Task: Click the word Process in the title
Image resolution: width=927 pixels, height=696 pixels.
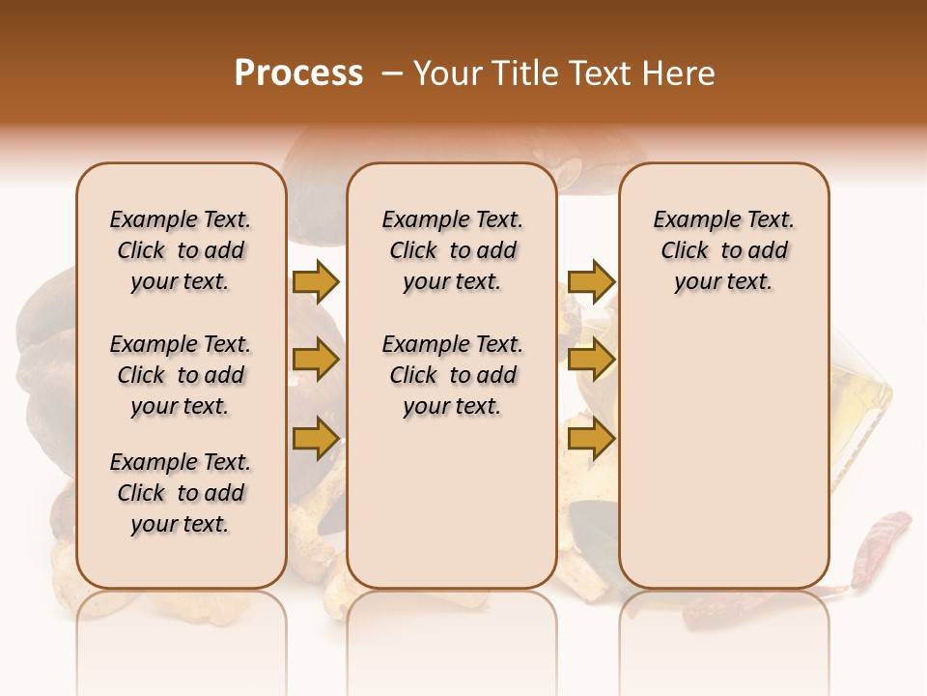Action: click(x=298, y=73)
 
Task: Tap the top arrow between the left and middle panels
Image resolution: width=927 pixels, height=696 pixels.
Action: click(x=316, y=281)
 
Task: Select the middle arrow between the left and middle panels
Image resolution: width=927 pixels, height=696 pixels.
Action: click(x=316, y=361)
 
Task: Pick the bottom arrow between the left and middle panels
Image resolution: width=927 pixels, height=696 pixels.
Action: click(x=316, y=437)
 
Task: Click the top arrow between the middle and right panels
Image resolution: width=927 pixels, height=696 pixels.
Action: click(x=591, y=281)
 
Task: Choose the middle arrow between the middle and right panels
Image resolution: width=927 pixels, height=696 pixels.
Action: click(x=591, y=361)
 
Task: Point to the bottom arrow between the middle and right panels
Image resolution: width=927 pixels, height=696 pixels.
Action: click(x=591, y=439)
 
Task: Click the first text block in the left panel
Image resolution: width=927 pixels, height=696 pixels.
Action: click(x=181, y=250)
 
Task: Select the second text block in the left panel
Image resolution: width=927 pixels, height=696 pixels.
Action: click(x=181, y=375)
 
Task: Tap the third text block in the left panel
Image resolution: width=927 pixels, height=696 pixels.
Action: click(x=181, y=493)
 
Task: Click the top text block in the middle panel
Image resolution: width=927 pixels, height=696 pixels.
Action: click(x=452, y=250)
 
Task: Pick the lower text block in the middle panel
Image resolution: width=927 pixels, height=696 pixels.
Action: click(x=452, y=375)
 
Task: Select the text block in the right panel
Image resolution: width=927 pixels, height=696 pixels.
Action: click(x=723, y=250)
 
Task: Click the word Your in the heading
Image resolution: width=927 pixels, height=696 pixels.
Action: click(x=448, y=73)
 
